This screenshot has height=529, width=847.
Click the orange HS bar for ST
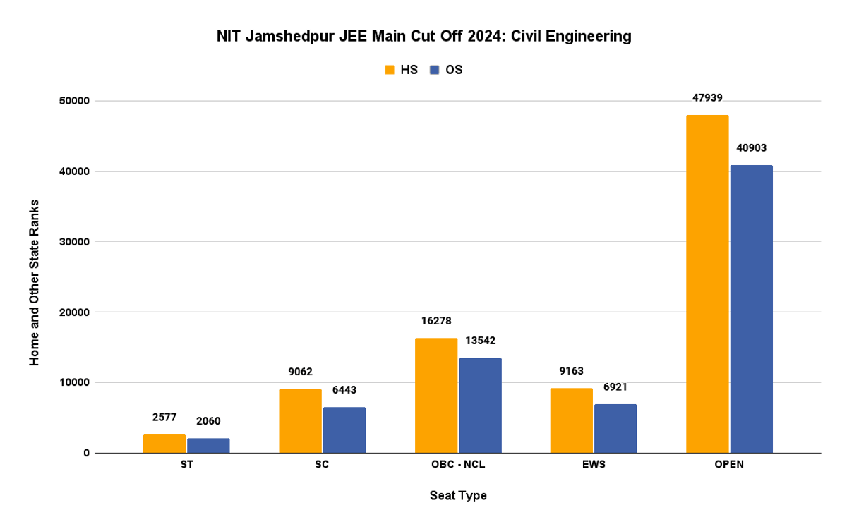[x=164, y=444]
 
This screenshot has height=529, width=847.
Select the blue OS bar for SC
[x=344, y=430]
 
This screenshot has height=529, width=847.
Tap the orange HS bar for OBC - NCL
[x=436, y=395]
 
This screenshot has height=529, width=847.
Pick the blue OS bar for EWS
[x=615, y=428]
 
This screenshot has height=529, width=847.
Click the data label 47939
[x=707, y=98]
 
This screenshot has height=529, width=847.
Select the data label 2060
[x=208, y=421]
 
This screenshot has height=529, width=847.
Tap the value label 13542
[x=480, y=341]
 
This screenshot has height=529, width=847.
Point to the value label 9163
[x=572, y=371]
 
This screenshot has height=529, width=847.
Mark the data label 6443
[x=344, y=390]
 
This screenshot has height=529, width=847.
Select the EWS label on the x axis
[x=594, y=466]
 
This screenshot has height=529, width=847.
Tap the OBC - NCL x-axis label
[x=458, y=466]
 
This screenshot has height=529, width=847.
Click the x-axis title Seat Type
[x=458, y=496]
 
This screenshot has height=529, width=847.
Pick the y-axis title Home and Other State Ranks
[x=34, y=282]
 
